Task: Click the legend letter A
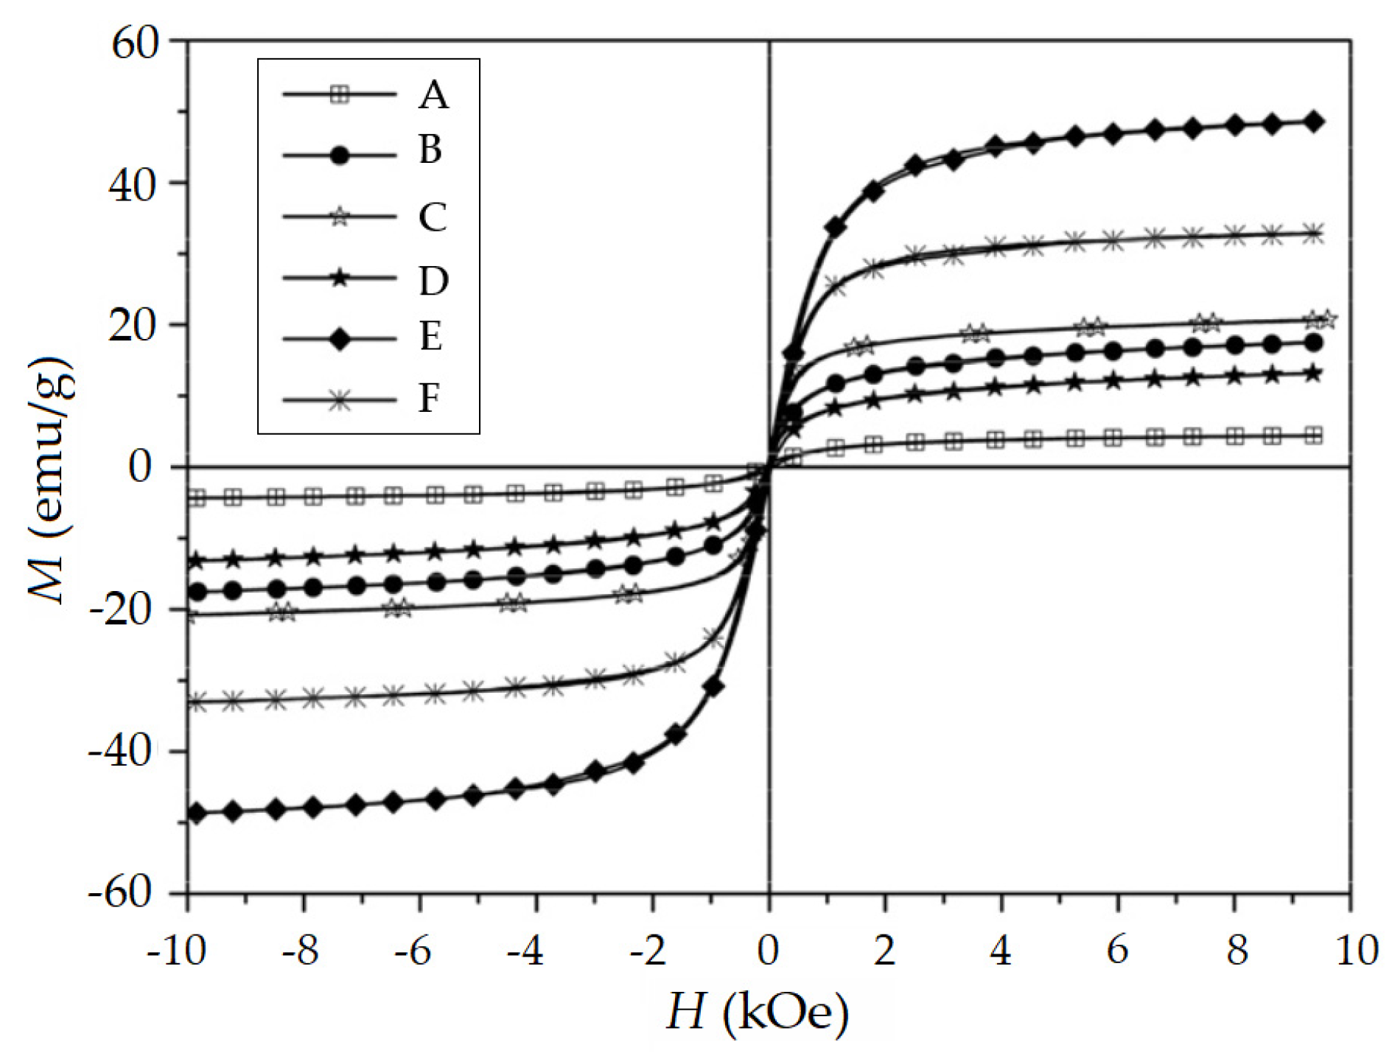pos(433,95)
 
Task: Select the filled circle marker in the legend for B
pos(340,155)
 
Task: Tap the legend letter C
pos(433,217)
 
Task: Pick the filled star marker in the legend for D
pos(340,279)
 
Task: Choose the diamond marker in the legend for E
pos(340,339)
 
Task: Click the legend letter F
pos(430,399)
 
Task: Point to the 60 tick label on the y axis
pos(135,43)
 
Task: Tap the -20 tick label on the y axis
pos(122,611)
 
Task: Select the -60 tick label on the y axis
pos(122,893)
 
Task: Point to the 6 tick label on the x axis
pos(1117,951)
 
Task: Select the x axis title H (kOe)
pos(758,1013)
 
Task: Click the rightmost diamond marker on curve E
pos(1313,122)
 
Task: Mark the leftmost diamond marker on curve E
pos(197,814)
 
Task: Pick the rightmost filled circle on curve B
pos(1313,343)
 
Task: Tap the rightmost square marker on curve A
pos(1313,436)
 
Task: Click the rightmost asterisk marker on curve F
pos(1313,235)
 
